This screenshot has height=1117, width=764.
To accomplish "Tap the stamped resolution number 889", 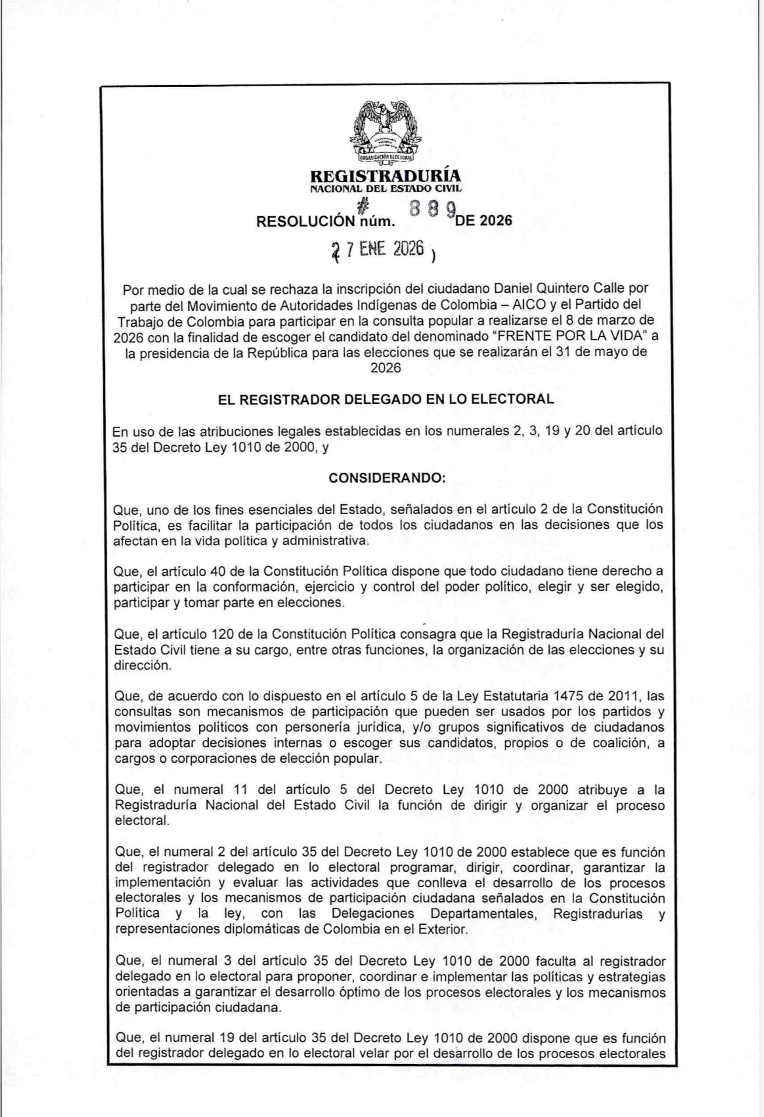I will (432, 209).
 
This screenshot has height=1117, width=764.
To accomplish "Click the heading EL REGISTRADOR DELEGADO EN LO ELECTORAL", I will (386, 399).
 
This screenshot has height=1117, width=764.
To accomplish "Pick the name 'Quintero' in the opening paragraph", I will (584, 288).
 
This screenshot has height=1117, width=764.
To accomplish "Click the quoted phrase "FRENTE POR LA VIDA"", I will (568, 336).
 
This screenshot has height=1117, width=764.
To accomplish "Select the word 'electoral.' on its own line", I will (142, 821).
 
